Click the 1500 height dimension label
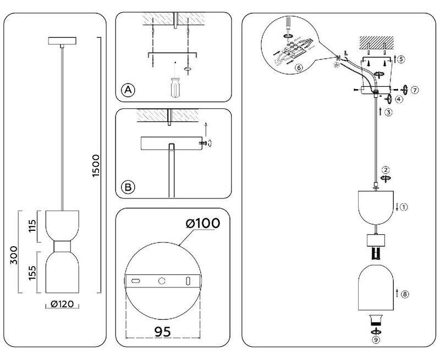point(95,165)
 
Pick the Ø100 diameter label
point(202,224)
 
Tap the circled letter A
point(128,90)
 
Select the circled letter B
point(128,187)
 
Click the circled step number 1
point(404,207)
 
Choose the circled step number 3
point(388,113)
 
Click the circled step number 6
point(299,68)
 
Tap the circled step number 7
point(415,89)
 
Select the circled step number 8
point(405,294)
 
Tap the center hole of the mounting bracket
point(162,281)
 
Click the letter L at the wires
point(345,53)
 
